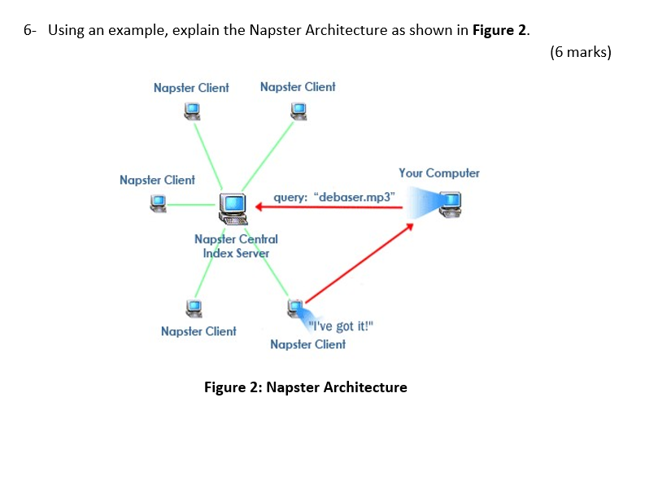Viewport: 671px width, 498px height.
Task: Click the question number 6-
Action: (29, 31)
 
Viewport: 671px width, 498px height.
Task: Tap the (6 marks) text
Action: (580, 53)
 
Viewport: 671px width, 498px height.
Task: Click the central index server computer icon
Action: (234, 207)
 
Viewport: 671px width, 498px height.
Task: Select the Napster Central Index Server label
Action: (236, 246)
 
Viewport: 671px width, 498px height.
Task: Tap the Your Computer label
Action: (438, 173)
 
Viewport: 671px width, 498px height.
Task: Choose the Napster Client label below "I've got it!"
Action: (307, 344)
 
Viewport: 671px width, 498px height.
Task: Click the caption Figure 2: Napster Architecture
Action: (305, 387)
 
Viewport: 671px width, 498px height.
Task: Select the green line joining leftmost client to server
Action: (192, 205)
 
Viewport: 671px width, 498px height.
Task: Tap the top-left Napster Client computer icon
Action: (190, 110)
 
